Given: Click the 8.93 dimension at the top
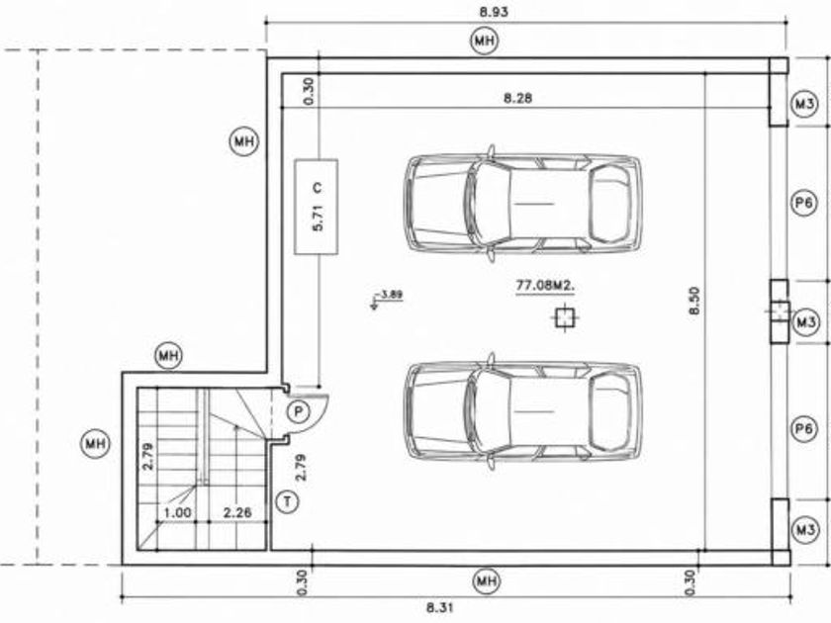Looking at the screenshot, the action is tap(494, 12).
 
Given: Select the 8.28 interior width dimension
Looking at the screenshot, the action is tap(517, 98).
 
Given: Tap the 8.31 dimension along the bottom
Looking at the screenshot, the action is tap(440, 607).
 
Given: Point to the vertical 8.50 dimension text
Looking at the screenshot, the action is tap(694, 301).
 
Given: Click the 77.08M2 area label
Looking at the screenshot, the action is tap(546, 286).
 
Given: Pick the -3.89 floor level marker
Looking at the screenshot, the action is tap(388, 298).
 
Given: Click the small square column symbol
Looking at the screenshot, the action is tap(565, 317).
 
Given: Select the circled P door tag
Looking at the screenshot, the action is tap(299, 411).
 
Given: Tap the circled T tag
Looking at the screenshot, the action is tap(288, 501).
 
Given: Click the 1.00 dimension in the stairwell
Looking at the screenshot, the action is tap(177, 512).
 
